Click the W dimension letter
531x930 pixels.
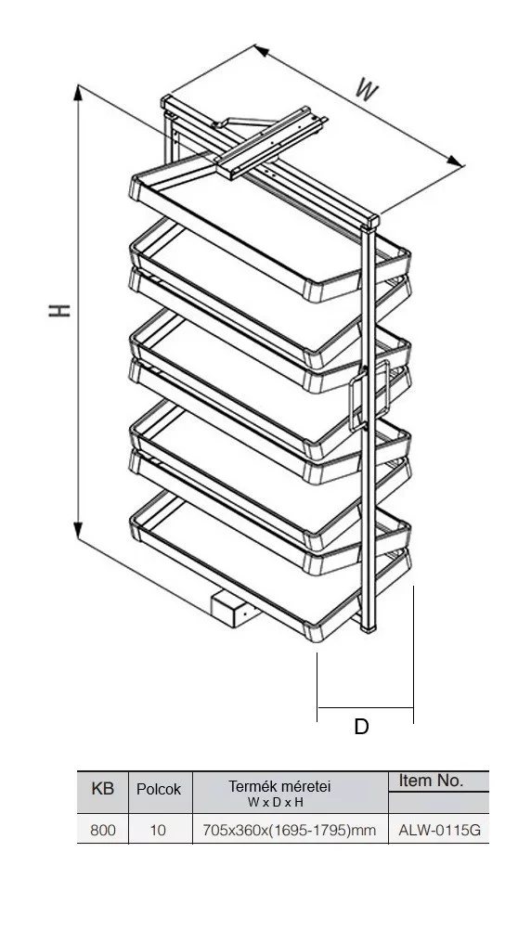coord(368,90)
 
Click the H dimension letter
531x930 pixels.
coord(60,310)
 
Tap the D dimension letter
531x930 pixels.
coord(361,727)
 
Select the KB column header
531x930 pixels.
coord(103,789)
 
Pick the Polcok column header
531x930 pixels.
coord(159,790)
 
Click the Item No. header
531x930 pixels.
coord(431,781)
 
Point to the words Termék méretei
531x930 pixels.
coord(279,786)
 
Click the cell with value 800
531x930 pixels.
coord(103,830)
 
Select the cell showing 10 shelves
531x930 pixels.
coord(158,830)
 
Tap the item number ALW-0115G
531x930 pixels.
coord(440,830)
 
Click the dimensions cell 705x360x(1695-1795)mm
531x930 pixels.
coord(290,830)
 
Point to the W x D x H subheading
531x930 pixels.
coord(276,803)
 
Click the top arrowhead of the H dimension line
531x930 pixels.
coord(78,93)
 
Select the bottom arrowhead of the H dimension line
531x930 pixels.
coord(78,531)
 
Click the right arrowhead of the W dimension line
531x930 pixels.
coord(455,161)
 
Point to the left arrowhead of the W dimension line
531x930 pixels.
coord(262,51)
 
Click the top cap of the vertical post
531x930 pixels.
coord(370,222)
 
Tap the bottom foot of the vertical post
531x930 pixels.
coord(369,626)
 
